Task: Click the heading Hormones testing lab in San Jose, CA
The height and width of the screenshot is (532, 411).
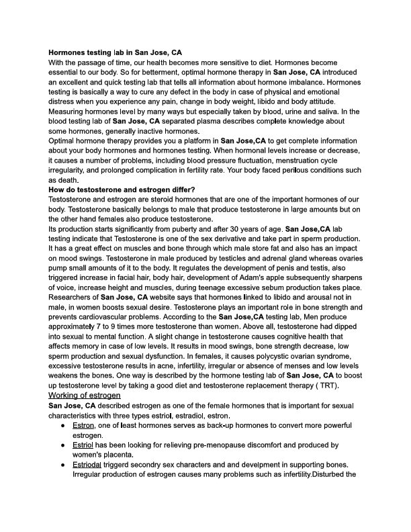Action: (115, 52)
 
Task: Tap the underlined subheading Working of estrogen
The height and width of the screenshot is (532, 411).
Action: (84, 396)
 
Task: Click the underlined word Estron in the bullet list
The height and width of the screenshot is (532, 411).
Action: (83, 426)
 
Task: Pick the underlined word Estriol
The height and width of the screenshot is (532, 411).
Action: (83, 445)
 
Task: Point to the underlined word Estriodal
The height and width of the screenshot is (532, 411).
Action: (87, 465)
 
